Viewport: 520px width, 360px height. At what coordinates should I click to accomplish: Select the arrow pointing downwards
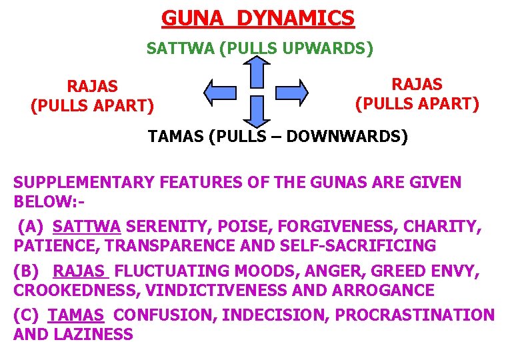click(x=256, y=109)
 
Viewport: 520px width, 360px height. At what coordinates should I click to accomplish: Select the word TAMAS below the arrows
click(x=175, y=137)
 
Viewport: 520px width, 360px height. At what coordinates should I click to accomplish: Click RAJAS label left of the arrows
click(x=92, y=86)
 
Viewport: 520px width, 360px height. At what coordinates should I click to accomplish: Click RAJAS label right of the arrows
click(x=417, y=84)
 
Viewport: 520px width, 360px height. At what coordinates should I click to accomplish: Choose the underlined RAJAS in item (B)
click(x=80, y=271)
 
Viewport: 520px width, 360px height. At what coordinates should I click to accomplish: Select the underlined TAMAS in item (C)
click(x=76, y=315)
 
